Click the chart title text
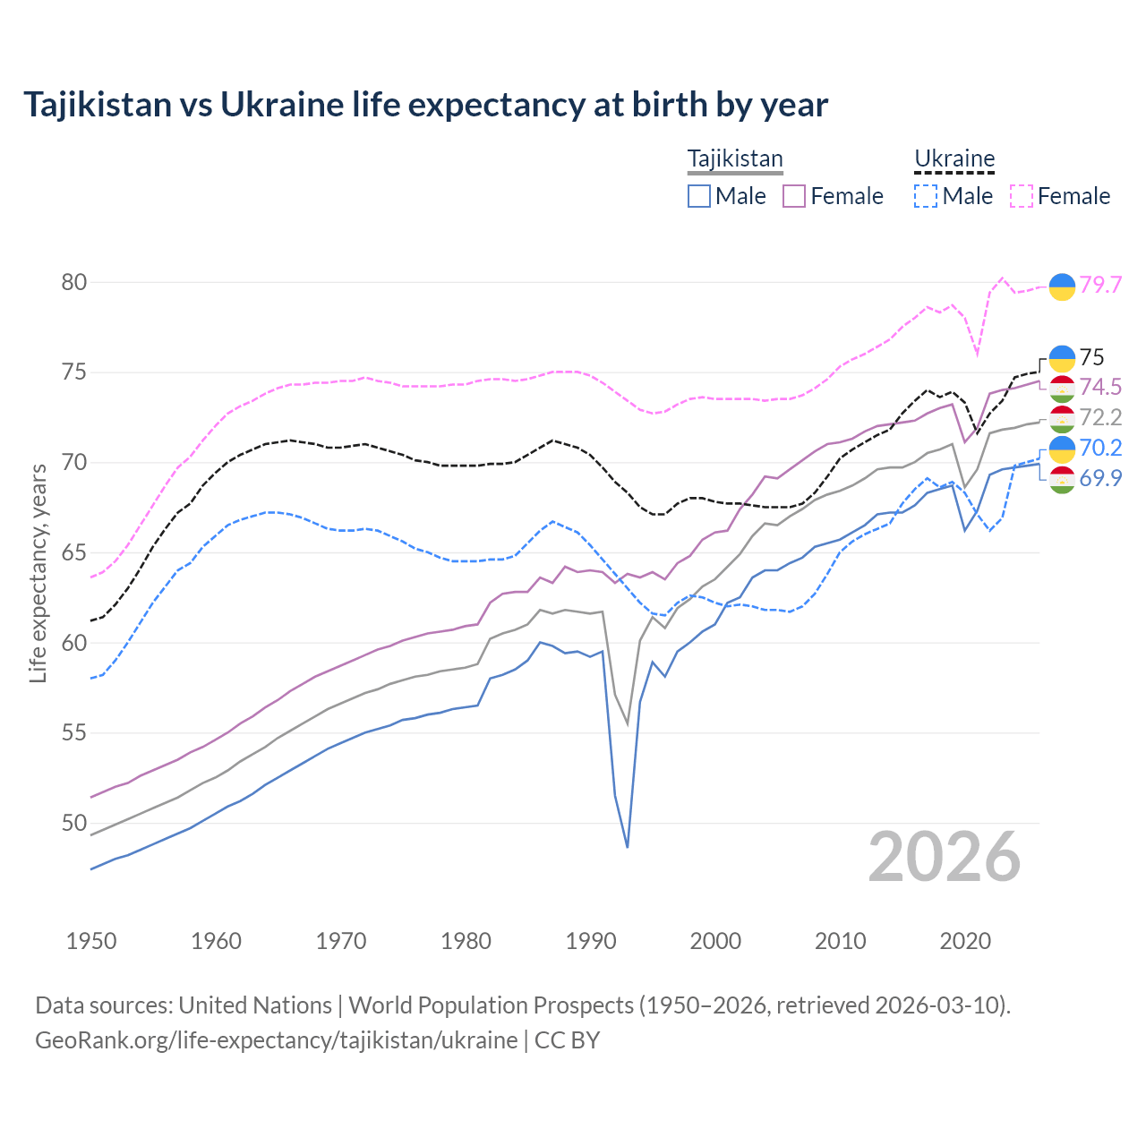coord(425,105)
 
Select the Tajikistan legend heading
coord(735,159)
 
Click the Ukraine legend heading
coord(954,159)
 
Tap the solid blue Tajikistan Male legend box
coord(699,196)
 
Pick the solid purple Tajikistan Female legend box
coord(794,196)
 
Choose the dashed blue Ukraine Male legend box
coord(926,196)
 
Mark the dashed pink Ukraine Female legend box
coord(1022,196)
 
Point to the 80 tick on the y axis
coord(74,283)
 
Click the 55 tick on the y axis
coord(74,733)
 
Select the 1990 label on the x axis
coord(591,941)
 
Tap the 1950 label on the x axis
coord(91,941)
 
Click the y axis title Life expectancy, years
coord(38,573)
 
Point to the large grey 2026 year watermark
coord(944,857)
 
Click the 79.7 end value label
coord(1100,285)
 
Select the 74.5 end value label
coord(1100,387)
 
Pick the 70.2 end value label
coord(1100,448)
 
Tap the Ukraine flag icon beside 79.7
coord(1062,286)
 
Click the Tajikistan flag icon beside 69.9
coord(1062,479)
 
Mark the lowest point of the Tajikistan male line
coord(628,847)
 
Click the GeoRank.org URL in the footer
coord(276,1040)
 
